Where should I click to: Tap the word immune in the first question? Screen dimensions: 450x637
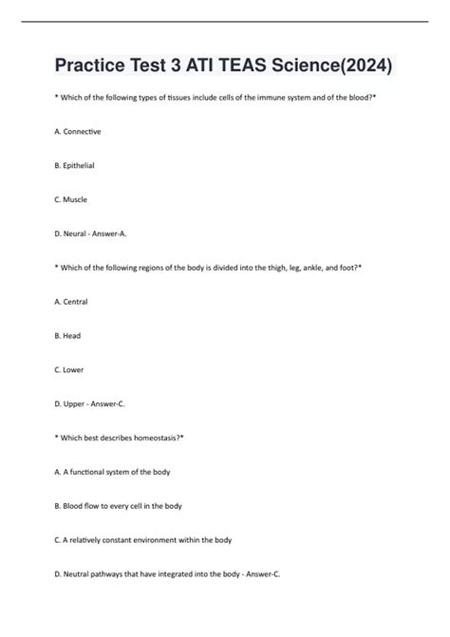tap(264, 98)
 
